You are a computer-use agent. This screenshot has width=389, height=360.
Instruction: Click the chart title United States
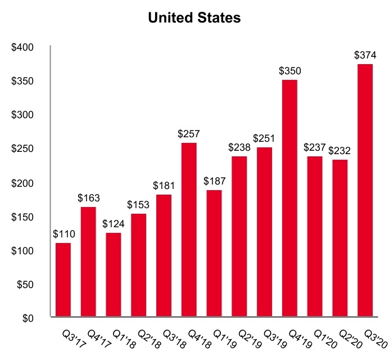(x=194, y=18)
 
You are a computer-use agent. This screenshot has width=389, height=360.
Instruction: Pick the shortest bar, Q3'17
(x=62, y=279)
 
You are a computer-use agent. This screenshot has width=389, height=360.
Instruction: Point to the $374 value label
(x=365, y=55)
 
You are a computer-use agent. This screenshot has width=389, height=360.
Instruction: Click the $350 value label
(x=290, y=71)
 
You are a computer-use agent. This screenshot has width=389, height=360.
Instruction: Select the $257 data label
(x=189, y=134)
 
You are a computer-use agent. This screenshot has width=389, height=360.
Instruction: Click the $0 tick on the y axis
(x=29, y=318)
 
